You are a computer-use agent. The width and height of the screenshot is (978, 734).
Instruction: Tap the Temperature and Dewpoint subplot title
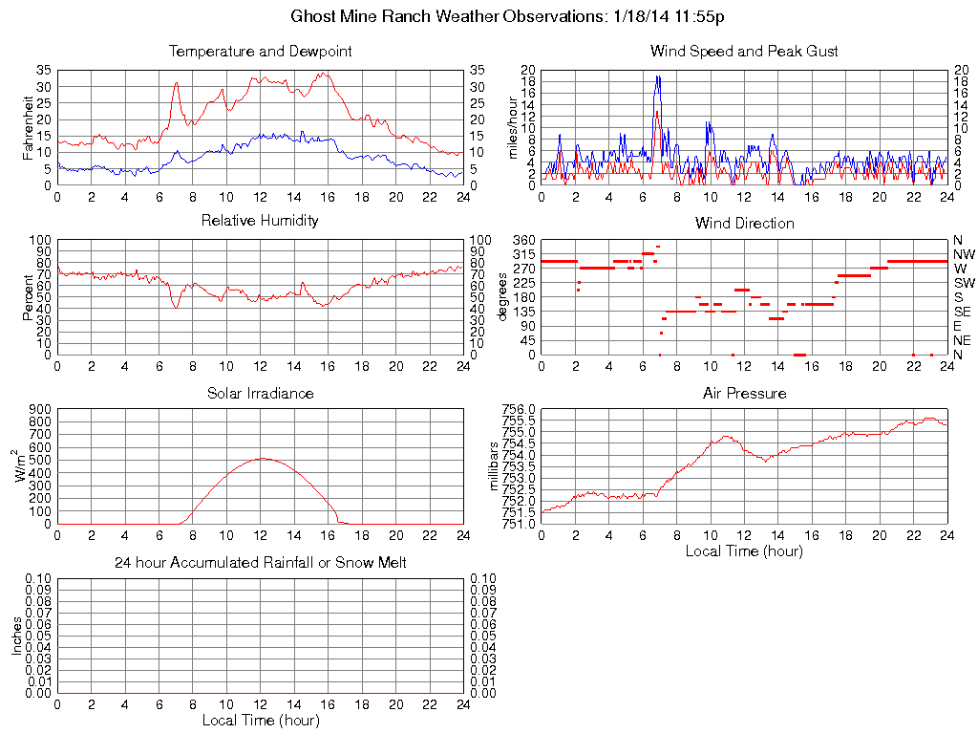(x=260, y=52)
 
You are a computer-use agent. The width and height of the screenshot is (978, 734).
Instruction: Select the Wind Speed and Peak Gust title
(x=744, y=52)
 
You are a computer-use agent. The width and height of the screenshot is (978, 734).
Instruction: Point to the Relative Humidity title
(x=260, y=221)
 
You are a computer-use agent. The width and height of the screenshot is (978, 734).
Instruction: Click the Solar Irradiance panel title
(x=260, y=393)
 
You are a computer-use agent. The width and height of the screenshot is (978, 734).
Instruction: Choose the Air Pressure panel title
(x=744, y=393)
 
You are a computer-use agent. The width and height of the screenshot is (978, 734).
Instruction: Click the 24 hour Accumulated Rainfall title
(x=260, y=563)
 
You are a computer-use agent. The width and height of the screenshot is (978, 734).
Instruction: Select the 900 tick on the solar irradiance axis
(x=40, y=409)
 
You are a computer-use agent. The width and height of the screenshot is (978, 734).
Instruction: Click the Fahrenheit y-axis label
(x=29, y=127)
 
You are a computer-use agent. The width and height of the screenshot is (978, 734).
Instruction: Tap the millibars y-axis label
(x=495, y=466)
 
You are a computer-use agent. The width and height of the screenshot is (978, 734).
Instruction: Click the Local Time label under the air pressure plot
(x=744, y=550)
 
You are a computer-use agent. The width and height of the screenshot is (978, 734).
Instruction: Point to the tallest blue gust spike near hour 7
(x=658, y=76)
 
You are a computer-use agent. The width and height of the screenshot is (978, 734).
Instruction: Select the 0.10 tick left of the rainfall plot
(x=36, y=578)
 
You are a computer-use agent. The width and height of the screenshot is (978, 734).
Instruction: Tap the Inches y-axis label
(x=16, y=636)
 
